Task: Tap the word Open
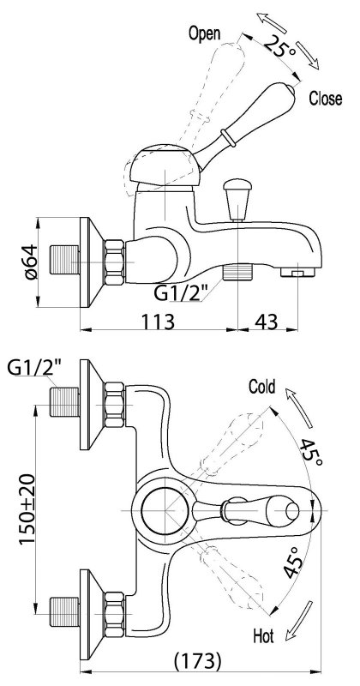tap(204, 33)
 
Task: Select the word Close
tap(326, 99)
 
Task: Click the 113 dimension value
tap(158, 322)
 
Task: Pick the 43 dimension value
tap(266, 322)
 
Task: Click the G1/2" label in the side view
tap(178, 292)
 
